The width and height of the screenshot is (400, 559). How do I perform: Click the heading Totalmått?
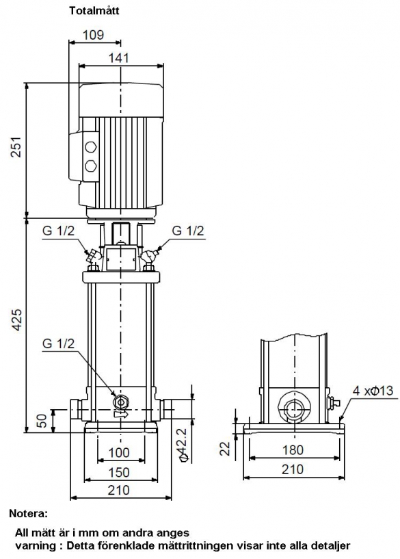(94, 11)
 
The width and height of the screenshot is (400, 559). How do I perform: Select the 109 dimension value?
(93, 35)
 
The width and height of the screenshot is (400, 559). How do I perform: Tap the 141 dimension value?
(118, 57)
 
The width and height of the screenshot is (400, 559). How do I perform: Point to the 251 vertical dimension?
(17, 146)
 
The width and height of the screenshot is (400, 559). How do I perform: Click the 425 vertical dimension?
(17, 319)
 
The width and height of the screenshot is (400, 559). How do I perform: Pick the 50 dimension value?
(42, 421)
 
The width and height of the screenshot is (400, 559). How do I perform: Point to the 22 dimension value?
(226, 448)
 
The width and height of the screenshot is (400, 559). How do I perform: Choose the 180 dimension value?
(293, 450)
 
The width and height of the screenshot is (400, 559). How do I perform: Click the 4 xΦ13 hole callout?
(373, 391)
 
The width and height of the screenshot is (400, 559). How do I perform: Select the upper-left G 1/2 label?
(58, 231)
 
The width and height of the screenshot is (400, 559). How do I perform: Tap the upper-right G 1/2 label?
(188, 231)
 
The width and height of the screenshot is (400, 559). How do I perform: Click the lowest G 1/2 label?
(58, 343)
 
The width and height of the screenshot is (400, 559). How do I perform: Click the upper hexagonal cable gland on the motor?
(90, 147)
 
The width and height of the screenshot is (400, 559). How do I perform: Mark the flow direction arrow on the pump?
(121, 415)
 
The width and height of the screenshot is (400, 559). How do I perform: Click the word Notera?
(28, 514)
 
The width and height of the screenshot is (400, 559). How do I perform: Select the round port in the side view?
(294, 407)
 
